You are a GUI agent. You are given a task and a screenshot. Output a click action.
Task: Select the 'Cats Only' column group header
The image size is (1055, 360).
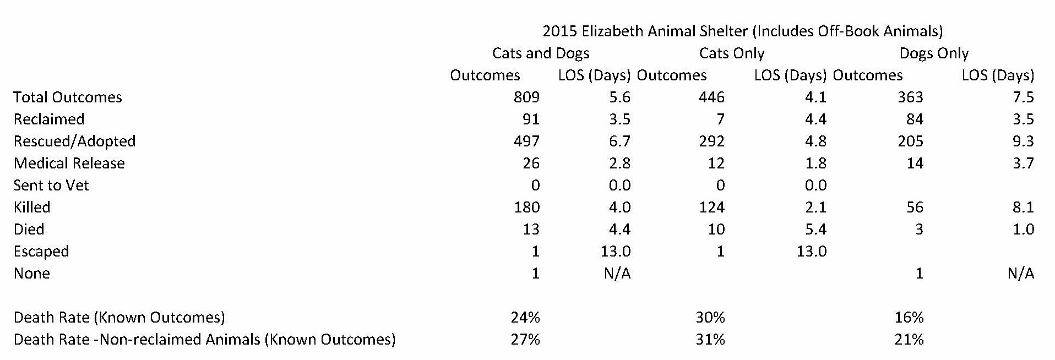731,53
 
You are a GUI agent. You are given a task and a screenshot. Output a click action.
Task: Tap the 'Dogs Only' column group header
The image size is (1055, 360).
934,53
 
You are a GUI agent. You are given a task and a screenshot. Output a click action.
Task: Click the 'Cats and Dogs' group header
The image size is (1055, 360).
541,53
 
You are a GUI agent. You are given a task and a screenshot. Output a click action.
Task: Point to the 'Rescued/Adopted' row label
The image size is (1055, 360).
74,141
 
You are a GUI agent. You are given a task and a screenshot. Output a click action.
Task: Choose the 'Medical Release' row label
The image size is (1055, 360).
69,163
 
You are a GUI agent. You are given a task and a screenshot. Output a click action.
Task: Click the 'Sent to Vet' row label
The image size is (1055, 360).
51,186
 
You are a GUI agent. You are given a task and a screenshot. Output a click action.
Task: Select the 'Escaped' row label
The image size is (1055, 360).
41,252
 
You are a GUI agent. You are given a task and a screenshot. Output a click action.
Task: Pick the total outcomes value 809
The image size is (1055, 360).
526,97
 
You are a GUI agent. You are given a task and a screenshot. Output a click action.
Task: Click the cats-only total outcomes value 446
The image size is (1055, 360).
711,97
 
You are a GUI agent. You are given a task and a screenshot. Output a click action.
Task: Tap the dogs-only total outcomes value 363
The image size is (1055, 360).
910,97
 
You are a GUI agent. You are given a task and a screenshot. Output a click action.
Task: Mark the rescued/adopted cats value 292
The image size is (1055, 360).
711,141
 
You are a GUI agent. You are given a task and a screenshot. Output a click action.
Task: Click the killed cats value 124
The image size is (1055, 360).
711,208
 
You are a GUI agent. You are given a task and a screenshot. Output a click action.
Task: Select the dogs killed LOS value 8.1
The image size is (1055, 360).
1023,208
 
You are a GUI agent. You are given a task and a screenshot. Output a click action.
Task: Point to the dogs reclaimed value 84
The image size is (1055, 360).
915,119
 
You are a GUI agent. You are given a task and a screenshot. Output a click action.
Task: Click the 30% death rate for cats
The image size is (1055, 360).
710,318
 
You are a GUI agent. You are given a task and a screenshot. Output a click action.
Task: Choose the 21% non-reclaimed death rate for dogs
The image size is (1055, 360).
909,340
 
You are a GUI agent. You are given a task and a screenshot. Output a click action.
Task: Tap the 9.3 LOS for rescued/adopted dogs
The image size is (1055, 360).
1023,141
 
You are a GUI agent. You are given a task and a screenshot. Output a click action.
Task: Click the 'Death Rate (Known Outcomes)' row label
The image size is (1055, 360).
119,318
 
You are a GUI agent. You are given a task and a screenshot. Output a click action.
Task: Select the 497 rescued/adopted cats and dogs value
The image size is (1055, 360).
526,141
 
